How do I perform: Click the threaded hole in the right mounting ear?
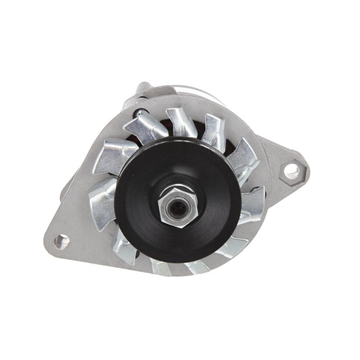point(291,170)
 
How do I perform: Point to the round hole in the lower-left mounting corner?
point(62,241)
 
